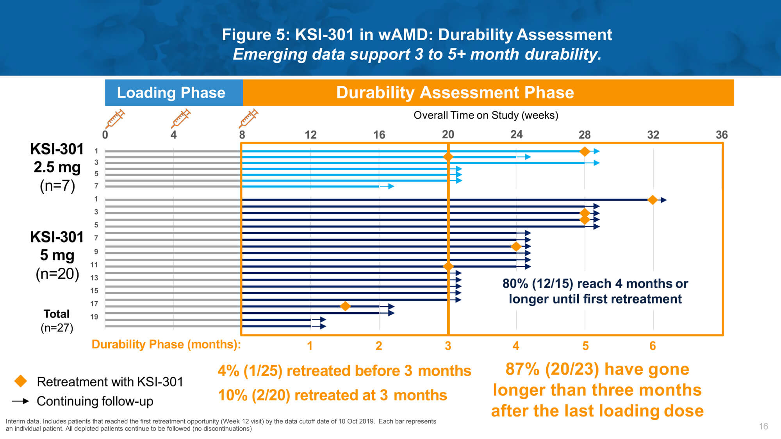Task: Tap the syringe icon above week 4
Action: coord(181,118)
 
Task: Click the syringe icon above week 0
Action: coord(115,118)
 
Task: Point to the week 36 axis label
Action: coord(722,135)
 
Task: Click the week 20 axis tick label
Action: coord(448,135)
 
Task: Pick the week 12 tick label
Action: coord(310,135)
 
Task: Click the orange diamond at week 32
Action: coord(653,200)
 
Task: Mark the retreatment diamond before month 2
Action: coord(345,306)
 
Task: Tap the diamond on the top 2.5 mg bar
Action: coord(585,151)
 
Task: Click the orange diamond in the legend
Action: coord(21,381)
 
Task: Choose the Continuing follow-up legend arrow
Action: coord(21,401)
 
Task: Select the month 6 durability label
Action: coord(653,346)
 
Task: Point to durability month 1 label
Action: coord(310,346)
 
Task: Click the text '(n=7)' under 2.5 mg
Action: coord(57,185)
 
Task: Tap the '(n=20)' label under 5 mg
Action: coord(57,274)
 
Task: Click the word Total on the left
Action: coord(57,314)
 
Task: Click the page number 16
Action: coord(763,426)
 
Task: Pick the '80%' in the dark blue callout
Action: coord(515,283)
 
